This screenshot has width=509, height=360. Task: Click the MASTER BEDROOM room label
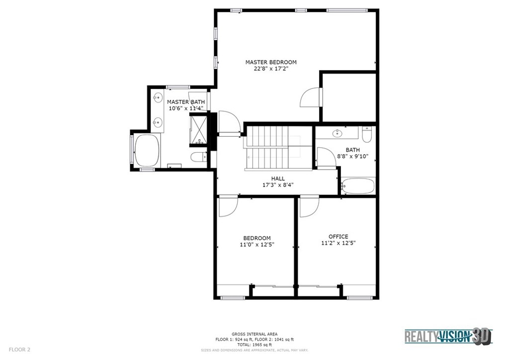tap(271, 62)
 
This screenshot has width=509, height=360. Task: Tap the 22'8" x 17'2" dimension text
tap(271, 69)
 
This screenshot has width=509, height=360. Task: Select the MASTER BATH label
tap(186, 102)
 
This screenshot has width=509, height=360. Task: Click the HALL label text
tap(278, 179)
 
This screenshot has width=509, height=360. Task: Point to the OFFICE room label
tap(338, 237)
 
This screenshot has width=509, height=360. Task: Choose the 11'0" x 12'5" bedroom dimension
tap(257, 245)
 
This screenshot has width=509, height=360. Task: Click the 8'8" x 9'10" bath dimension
tap(352, 157)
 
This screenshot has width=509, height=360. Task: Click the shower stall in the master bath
tap(198, 130)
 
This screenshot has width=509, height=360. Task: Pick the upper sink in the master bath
tap(158, 97)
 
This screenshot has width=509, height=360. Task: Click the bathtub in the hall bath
tap(358, 186)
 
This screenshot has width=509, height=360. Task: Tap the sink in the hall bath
tap(338, 133)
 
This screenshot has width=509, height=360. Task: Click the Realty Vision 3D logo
tap(448, 336)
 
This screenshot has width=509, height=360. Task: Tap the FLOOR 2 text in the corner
tap(19, 350)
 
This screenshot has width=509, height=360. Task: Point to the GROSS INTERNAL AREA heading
tap(254, 334)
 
